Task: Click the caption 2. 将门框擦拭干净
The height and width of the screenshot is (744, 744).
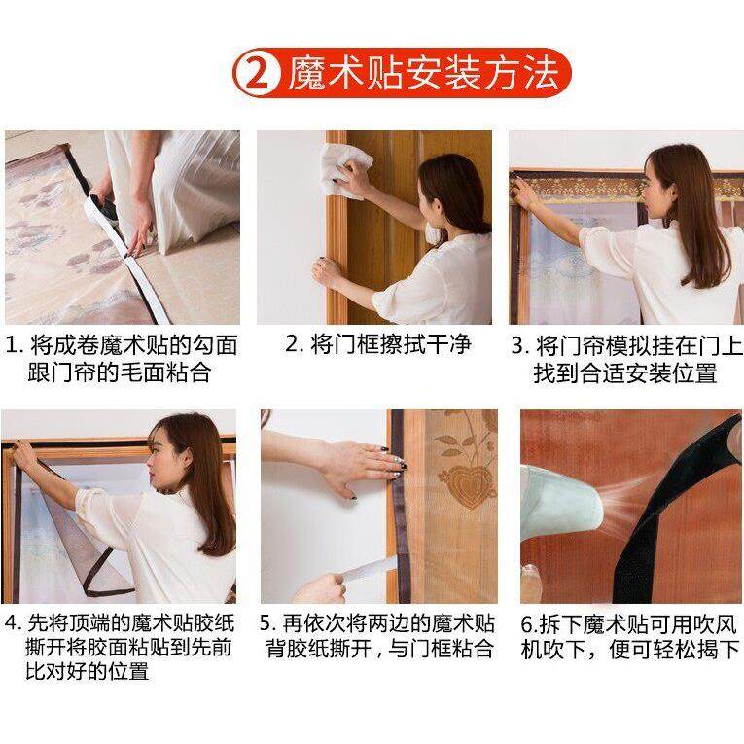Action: [377, 344]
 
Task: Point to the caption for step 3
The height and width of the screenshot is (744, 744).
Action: [625, 358]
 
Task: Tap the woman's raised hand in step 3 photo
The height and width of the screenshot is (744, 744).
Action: [525, 193]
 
